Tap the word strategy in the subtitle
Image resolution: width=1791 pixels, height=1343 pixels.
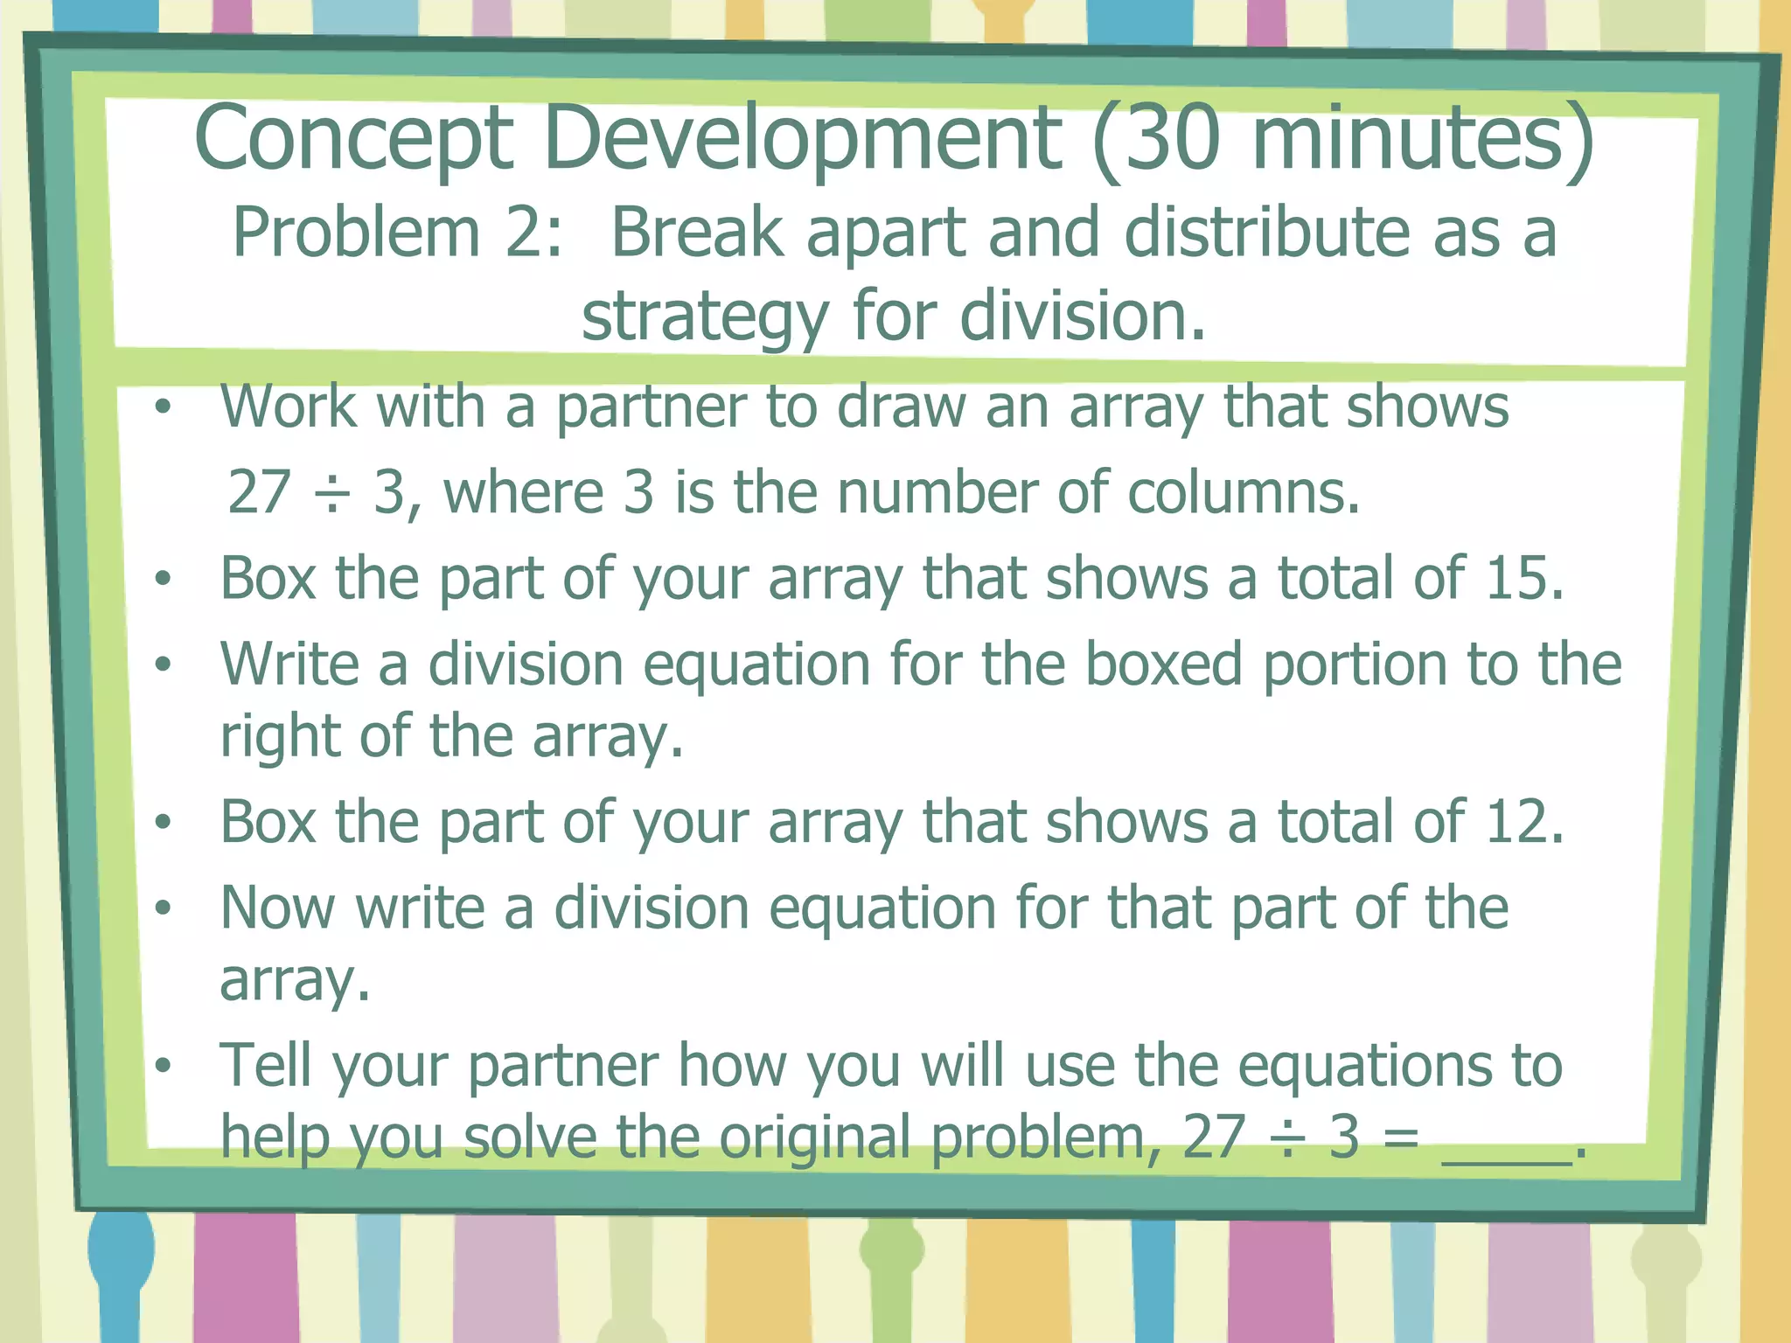(x=705, y=317)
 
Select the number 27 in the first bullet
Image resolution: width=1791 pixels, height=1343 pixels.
(x=259, y=492)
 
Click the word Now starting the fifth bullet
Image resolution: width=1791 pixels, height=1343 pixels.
(x=277, y=908)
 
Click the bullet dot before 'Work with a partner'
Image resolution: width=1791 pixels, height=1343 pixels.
(x=163, y=407)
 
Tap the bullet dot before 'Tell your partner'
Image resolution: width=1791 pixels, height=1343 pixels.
(x=163, y=1066)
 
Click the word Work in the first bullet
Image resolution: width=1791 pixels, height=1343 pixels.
(x=288, y=407)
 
